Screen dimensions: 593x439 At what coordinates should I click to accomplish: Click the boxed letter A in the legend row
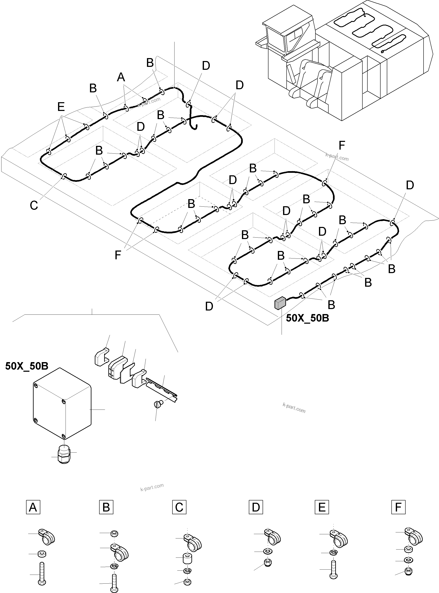coord(33,507)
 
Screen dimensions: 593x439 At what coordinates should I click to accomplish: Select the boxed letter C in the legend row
coord(179,507)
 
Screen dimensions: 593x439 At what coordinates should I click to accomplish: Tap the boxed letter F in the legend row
coord(398,507)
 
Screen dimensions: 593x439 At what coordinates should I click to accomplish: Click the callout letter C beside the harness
coord(34,206)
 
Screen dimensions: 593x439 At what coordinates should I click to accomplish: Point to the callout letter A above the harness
coord(121,77)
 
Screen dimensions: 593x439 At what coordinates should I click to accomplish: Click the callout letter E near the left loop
coord(61,107)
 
